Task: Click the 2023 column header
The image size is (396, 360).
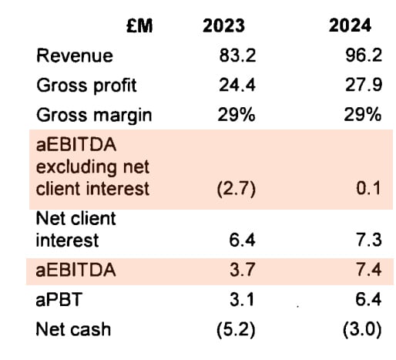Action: (223, 26)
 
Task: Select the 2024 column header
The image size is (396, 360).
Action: (350, 26)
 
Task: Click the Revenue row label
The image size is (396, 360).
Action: (74, 56)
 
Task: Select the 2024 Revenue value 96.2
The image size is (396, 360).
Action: (364, 56)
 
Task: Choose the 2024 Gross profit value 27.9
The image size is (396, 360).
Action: (364, 86)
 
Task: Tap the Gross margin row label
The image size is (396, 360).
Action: (93, 116)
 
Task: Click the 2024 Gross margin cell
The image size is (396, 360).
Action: (364, 116)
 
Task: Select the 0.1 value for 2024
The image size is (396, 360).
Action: (370, 188)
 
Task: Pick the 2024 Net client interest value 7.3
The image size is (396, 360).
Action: (370, 241)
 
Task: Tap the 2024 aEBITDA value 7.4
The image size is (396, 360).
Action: (370, 270)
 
